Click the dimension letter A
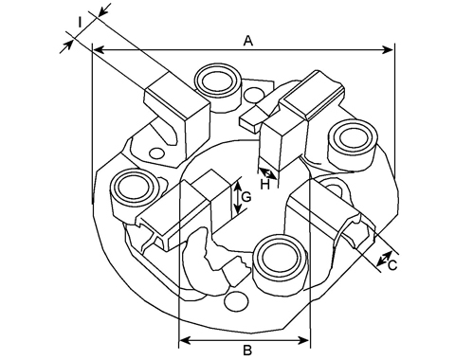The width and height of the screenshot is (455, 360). pyautogui.click(x=248, y=41)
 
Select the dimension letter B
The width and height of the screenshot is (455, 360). pyautogui.click(x=247, y=350)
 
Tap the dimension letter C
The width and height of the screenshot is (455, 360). pyautogui.click(x=392, y=265)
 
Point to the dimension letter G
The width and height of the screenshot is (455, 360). pyautogui.click(x=246, y=197)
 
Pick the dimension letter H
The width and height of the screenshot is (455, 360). pyautogui.click(x=264, y=185)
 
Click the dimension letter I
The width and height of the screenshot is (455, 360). pyautogui.click(x=81, y=23)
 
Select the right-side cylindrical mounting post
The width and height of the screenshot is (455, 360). pyautogui.click(x=353, y=145)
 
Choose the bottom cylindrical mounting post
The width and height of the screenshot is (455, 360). pyautogui.click(x=282, y=262)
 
